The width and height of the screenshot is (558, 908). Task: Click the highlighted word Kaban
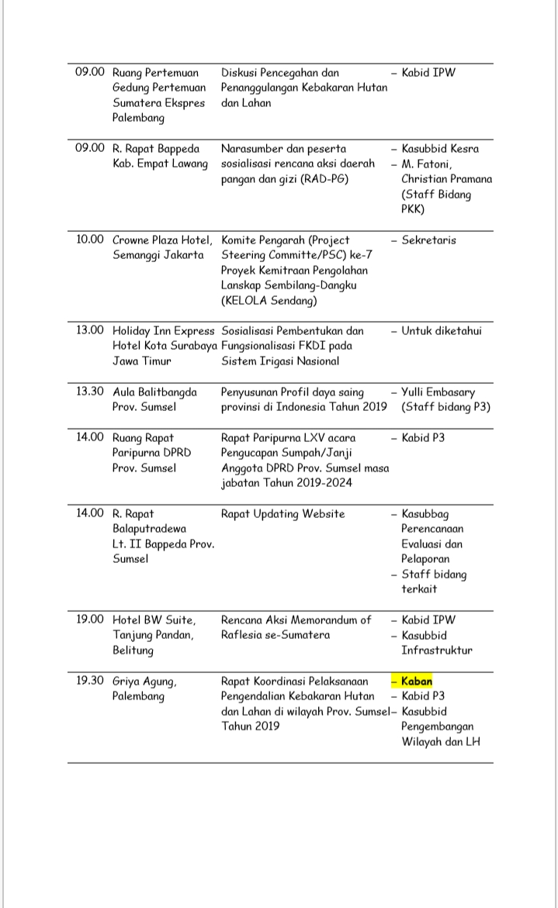click(x=417, y=682)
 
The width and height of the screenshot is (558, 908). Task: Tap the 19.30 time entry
click(x=89, y=682)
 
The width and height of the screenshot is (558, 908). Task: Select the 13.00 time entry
click(x=89, y=331)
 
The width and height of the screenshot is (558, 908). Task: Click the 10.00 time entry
click(x=89, y=240)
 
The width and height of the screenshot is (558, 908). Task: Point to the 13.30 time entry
click(x=89, y=392)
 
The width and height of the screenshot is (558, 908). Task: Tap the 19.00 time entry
click(x=89, y=620)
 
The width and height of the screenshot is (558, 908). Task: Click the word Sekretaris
click(x=428, y=240)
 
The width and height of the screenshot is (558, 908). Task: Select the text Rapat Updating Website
click(x=282, y=514)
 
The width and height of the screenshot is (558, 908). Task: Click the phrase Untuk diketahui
click(x=442, y=331)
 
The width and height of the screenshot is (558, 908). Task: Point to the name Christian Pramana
click(x=446, y=179)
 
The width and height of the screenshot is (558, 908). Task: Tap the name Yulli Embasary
click(x=438, y=392)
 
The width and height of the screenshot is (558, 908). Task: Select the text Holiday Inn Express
click(x=163, y=331)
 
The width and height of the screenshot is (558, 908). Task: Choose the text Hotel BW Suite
click(x=154, y=620)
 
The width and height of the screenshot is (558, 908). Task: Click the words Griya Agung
click(x=144, y=682)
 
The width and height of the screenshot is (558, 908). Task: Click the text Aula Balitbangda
click(x=154, y=392)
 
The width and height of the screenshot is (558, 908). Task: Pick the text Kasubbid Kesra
click(x=440, y=149)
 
